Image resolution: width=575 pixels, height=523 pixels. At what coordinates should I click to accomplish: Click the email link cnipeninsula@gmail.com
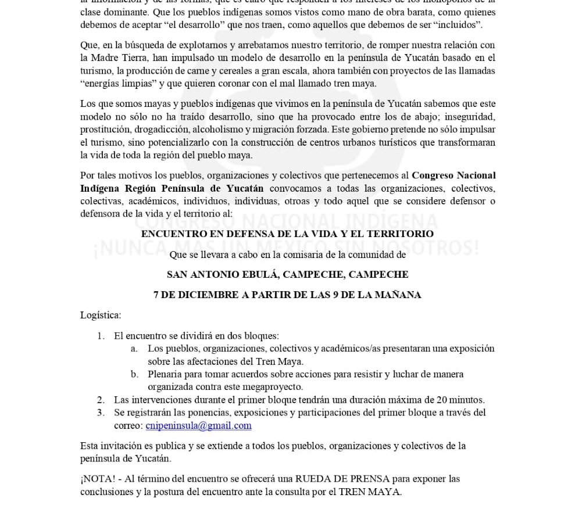coord(198,425)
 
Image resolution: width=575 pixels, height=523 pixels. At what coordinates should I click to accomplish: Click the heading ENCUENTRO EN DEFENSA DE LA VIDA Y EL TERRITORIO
coord(287,234)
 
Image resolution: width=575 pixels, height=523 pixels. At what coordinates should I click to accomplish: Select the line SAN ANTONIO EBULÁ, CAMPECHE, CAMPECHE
coord(287,274)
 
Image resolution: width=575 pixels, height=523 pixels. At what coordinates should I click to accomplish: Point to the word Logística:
coord(101,315)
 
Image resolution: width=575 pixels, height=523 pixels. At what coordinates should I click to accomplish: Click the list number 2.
coord(101,400)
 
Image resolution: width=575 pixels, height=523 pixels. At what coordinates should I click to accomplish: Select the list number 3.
coord(101,413)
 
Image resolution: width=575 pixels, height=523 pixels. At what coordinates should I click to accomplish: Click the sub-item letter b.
coord(134,374)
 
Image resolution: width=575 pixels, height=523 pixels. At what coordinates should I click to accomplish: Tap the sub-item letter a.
coord(134,349)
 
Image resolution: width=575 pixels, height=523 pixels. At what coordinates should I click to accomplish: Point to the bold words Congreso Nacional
coord(453,175)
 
